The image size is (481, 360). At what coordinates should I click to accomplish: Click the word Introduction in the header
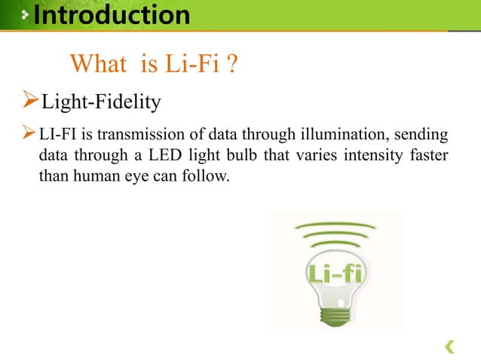point(112,14)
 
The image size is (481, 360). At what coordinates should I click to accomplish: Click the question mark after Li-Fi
point(234,66)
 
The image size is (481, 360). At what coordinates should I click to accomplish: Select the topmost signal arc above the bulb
point(335,226)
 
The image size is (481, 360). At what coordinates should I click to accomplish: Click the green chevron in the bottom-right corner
point(449,346)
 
